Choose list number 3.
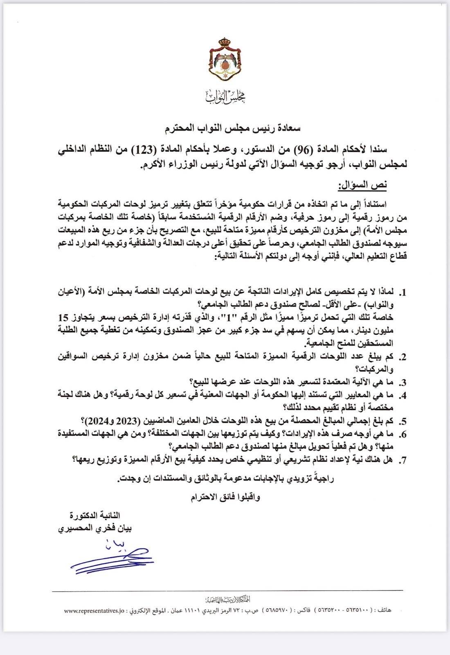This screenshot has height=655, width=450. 403,382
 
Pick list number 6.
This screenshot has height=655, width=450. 403,434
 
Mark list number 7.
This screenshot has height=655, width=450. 403,460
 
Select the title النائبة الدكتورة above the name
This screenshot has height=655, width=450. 98,515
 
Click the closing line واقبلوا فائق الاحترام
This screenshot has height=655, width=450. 225,497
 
